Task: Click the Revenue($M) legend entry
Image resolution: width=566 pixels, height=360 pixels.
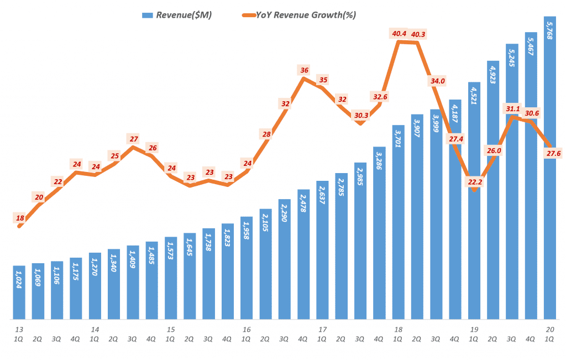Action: [x=177, y=15]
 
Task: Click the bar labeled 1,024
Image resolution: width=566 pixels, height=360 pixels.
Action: [x=19, y=293]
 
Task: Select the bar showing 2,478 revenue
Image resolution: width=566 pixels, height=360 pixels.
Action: [x=303, y=254]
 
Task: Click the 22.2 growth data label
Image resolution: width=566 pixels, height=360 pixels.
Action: [x=474, y=182]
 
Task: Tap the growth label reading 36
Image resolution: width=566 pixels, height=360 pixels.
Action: [x=304, y=70]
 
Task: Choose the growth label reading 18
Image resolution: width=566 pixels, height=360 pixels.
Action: [x=20, y=218]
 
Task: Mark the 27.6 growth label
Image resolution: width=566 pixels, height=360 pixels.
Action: [x=550, y=153]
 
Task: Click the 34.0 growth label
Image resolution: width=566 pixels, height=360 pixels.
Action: [x=437, y=81]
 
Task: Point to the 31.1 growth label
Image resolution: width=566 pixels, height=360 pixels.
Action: [x=512, y=108]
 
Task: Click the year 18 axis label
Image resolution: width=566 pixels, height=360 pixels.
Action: [x=398, y=330]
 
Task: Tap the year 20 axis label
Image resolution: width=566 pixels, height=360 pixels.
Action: [x=550, y=330]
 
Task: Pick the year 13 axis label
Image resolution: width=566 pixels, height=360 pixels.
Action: [x=19, y=330]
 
